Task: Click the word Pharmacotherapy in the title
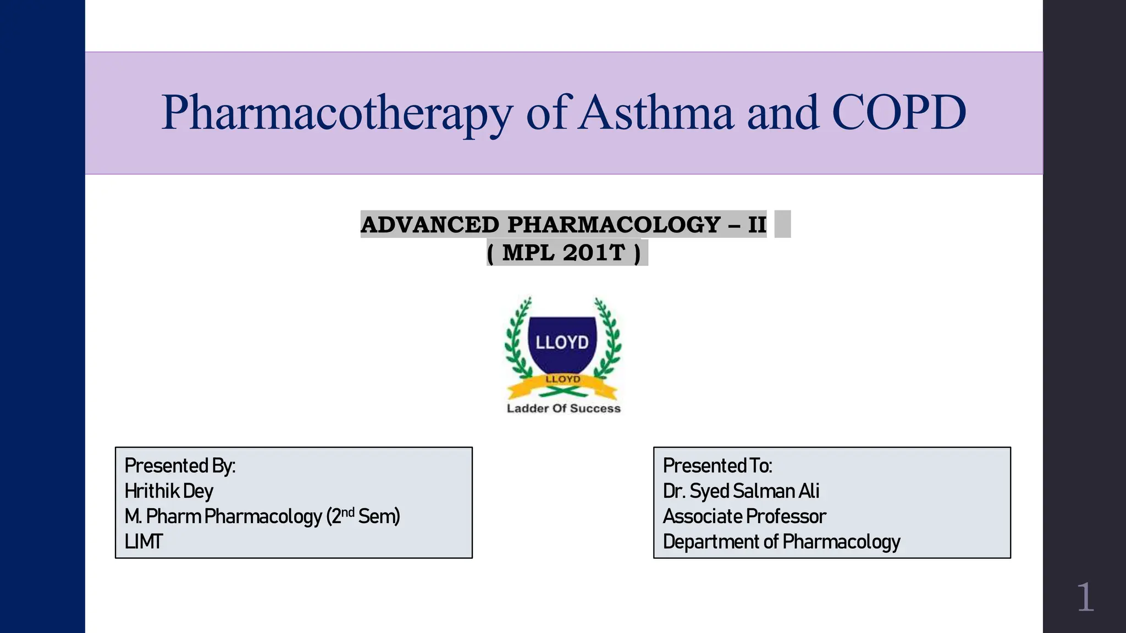click(x=336, y=113)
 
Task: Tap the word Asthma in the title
click(x=656, y=113)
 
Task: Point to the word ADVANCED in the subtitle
click(x=430, y=225)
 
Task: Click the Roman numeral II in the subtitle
click(x=757, y=225)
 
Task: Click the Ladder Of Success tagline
click(x=564, y=408)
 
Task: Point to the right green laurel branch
click(x=609, y=341)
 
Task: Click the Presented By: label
click(x=180, y=466)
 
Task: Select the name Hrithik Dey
click(x=169, y=491)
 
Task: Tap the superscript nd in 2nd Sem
click(x=348, y=513)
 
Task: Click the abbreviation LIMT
click(x=143, y=542)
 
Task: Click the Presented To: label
click(x=717, y=466)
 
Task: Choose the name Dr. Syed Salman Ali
click(x=741, y=491)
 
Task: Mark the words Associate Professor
click(x=744, y=517)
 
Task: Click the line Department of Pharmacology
click(x=781, y=542)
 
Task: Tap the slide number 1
click(x=1085, y=597)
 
